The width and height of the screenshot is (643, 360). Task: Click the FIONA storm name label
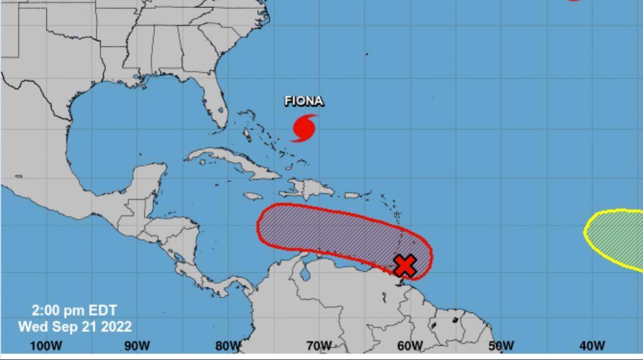[304, 101]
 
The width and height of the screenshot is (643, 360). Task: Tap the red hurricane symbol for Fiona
[304, 128]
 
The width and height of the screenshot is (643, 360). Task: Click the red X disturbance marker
[405, 266]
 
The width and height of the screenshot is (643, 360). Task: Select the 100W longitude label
[46, 346]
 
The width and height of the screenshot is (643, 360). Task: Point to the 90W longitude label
[137, 346]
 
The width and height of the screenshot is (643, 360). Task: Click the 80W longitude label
[228, 346]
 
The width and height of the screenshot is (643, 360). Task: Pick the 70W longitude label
[319, 346]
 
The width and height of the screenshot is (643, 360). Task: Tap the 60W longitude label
[410, 346]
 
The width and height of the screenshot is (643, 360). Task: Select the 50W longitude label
[501, 346]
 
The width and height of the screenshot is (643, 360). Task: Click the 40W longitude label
[592, 346]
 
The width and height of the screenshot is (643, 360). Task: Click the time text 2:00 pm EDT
[75, 310]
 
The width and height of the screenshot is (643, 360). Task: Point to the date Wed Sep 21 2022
[75, 326]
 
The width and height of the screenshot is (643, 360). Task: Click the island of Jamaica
[253, 196]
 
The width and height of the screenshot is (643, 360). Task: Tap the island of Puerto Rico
[353, 195]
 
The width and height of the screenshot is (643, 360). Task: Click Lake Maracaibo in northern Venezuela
[306, 275]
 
